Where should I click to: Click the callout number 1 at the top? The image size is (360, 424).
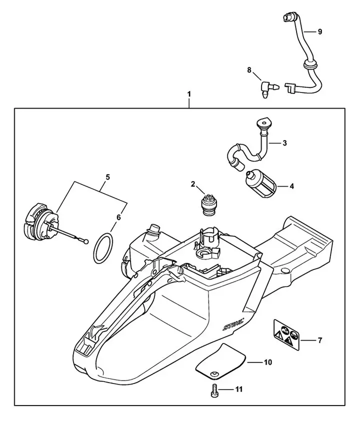188,93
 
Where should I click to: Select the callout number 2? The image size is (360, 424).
193,184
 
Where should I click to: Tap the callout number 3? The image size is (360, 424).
284,143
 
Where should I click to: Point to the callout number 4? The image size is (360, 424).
291,186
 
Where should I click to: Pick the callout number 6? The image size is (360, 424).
118,217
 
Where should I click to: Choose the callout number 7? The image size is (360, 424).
319,340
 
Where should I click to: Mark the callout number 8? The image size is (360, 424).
249,71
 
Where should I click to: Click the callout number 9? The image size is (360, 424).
319,31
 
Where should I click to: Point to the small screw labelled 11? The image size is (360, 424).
213,390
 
